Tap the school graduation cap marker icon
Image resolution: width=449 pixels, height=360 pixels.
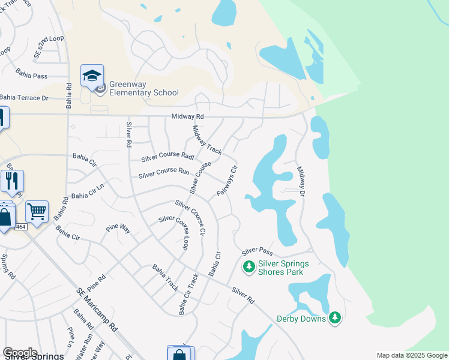tap(92, 76)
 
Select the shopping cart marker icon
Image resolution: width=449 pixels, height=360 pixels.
tap(37, 211)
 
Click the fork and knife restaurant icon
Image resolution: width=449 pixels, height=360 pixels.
tap(12, 181)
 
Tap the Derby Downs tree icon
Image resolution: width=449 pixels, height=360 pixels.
tap(335, 318)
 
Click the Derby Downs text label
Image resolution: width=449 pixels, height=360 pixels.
tap(301, 319)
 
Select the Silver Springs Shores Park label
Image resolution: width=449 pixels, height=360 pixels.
tap(283, 268)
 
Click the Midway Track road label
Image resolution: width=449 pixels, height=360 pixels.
tap(206, 139)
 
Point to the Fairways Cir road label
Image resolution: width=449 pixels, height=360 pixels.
tap(228, 181)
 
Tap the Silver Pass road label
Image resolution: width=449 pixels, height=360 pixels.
tap(258, 250)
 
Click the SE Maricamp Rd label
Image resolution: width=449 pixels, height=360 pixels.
tap(97, 310)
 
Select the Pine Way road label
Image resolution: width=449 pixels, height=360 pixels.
tap(118, 229)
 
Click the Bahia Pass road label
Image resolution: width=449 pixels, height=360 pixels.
tap(32, 76)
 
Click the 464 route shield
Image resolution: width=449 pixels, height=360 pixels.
tap(20, 227)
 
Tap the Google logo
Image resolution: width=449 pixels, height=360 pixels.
tap(19, 352)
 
